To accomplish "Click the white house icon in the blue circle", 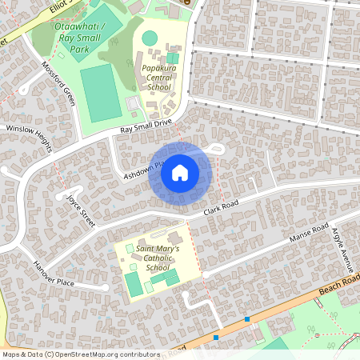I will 180,172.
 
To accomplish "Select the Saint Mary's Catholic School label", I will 158,258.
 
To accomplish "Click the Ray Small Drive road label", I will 146,125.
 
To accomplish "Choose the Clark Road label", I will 222,207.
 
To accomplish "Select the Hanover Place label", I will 54,273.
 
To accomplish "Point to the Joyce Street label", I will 81,210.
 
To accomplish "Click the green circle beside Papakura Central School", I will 150,38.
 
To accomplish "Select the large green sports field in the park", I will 97,93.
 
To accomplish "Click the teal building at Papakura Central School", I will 173,58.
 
